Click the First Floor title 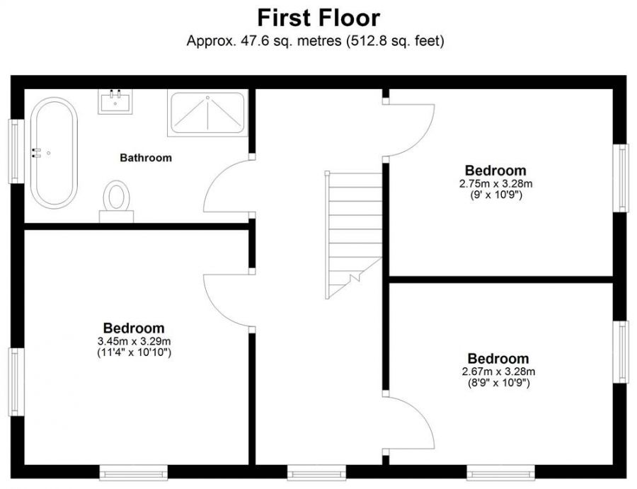(x=318, y=18)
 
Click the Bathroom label (x=146, y=158)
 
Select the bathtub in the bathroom (x=54, y=153)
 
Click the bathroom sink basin (x=115, y=101)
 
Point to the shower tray (x=207, y=113)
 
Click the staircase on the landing (x=353, y=235)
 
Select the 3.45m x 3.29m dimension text (x=134, y=341)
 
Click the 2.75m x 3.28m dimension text (x=495, y=183)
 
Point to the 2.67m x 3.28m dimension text (x=498, y=372)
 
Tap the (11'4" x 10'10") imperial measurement (x=134, y=352)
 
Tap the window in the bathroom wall (x=16, y=151)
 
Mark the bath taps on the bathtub (x=36, y=152)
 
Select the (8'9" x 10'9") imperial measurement (x=498, y=383)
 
